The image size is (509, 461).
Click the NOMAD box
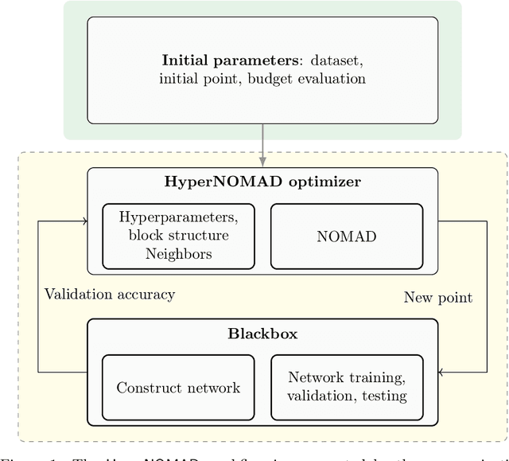coord(346,236)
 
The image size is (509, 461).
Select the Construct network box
coord(178,388)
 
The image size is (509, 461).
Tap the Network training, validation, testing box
coord(347,387)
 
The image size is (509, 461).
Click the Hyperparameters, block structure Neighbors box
coord(178,236)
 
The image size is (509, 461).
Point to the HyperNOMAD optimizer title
coord(262,182)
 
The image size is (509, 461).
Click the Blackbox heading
coord(262,334)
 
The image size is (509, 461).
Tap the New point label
coord(438,298)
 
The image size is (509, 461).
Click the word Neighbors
coord(178,255)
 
